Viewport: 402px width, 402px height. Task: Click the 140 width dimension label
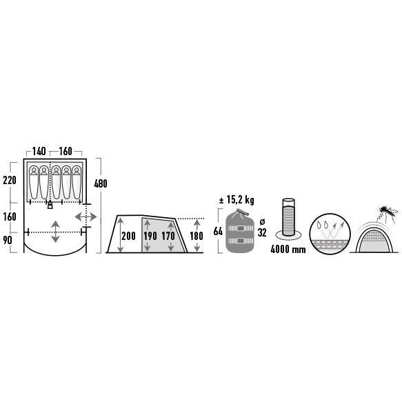[x=39, y=151]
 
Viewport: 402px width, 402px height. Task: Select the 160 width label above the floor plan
[x=66, y=151]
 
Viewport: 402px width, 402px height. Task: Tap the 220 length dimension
[x=10, y=180]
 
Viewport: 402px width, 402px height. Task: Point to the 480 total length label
[x=101, y=183]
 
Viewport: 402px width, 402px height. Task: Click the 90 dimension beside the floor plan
[x=8, y=240]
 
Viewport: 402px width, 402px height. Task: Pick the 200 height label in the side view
[x=128, y=236]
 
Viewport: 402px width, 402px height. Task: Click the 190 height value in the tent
[x=150, y=236]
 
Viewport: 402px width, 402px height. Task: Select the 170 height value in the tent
[x=168, y=236]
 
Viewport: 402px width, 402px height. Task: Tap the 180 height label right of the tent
[x=197, y=236]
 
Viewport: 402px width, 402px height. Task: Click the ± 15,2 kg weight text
[x=237, y=200]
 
